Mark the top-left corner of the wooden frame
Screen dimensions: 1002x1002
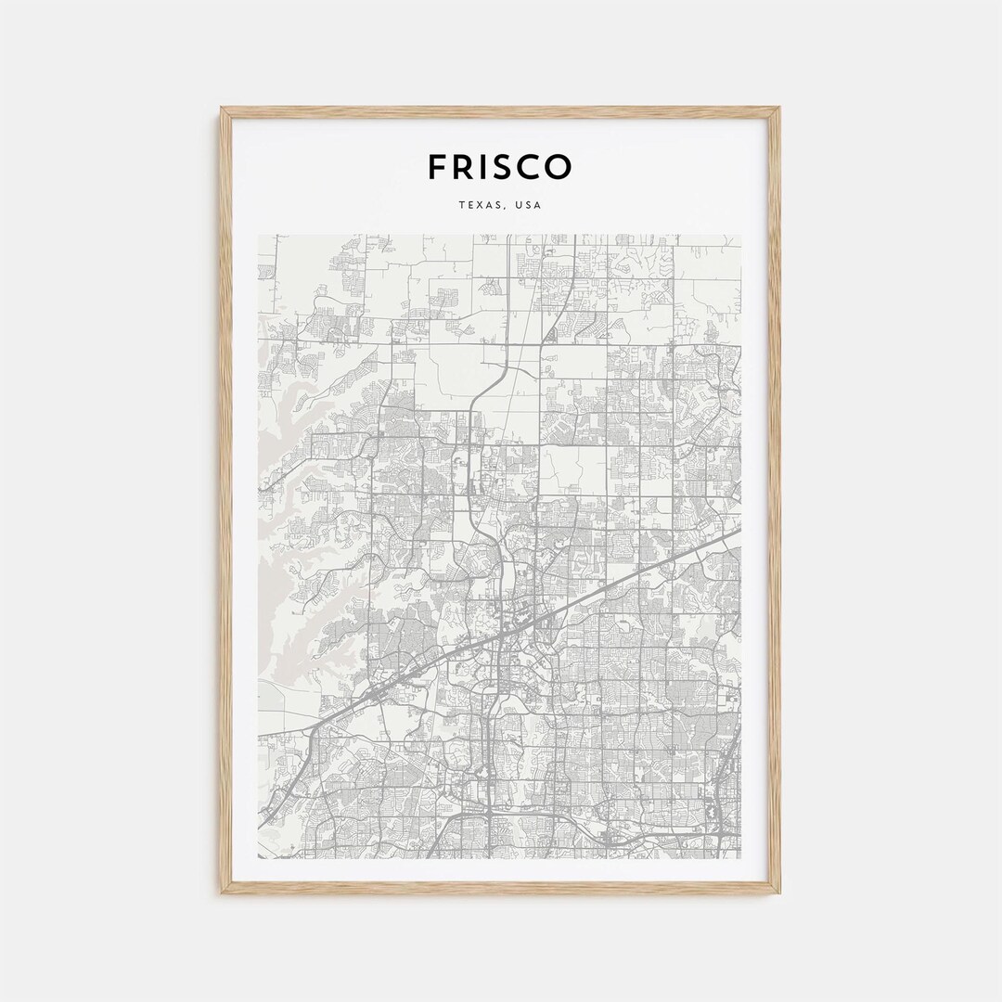[x=222, y=109]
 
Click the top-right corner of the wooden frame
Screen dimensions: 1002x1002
[x=779, y=109]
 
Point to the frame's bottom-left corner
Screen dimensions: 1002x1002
[x=222, y=893]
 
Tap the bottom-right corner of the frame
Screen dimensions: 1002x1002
[x=779, y=893]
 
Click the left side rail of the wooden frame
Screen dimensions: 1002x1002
[x=225, y=501]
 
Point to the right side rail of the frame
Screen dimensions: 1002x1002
[x=775, y=501]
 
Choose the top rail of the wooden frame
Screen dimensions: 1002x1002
[x=501, y=112]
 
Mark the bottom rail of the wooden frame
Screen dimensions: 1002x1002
[x=501, y=888]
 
